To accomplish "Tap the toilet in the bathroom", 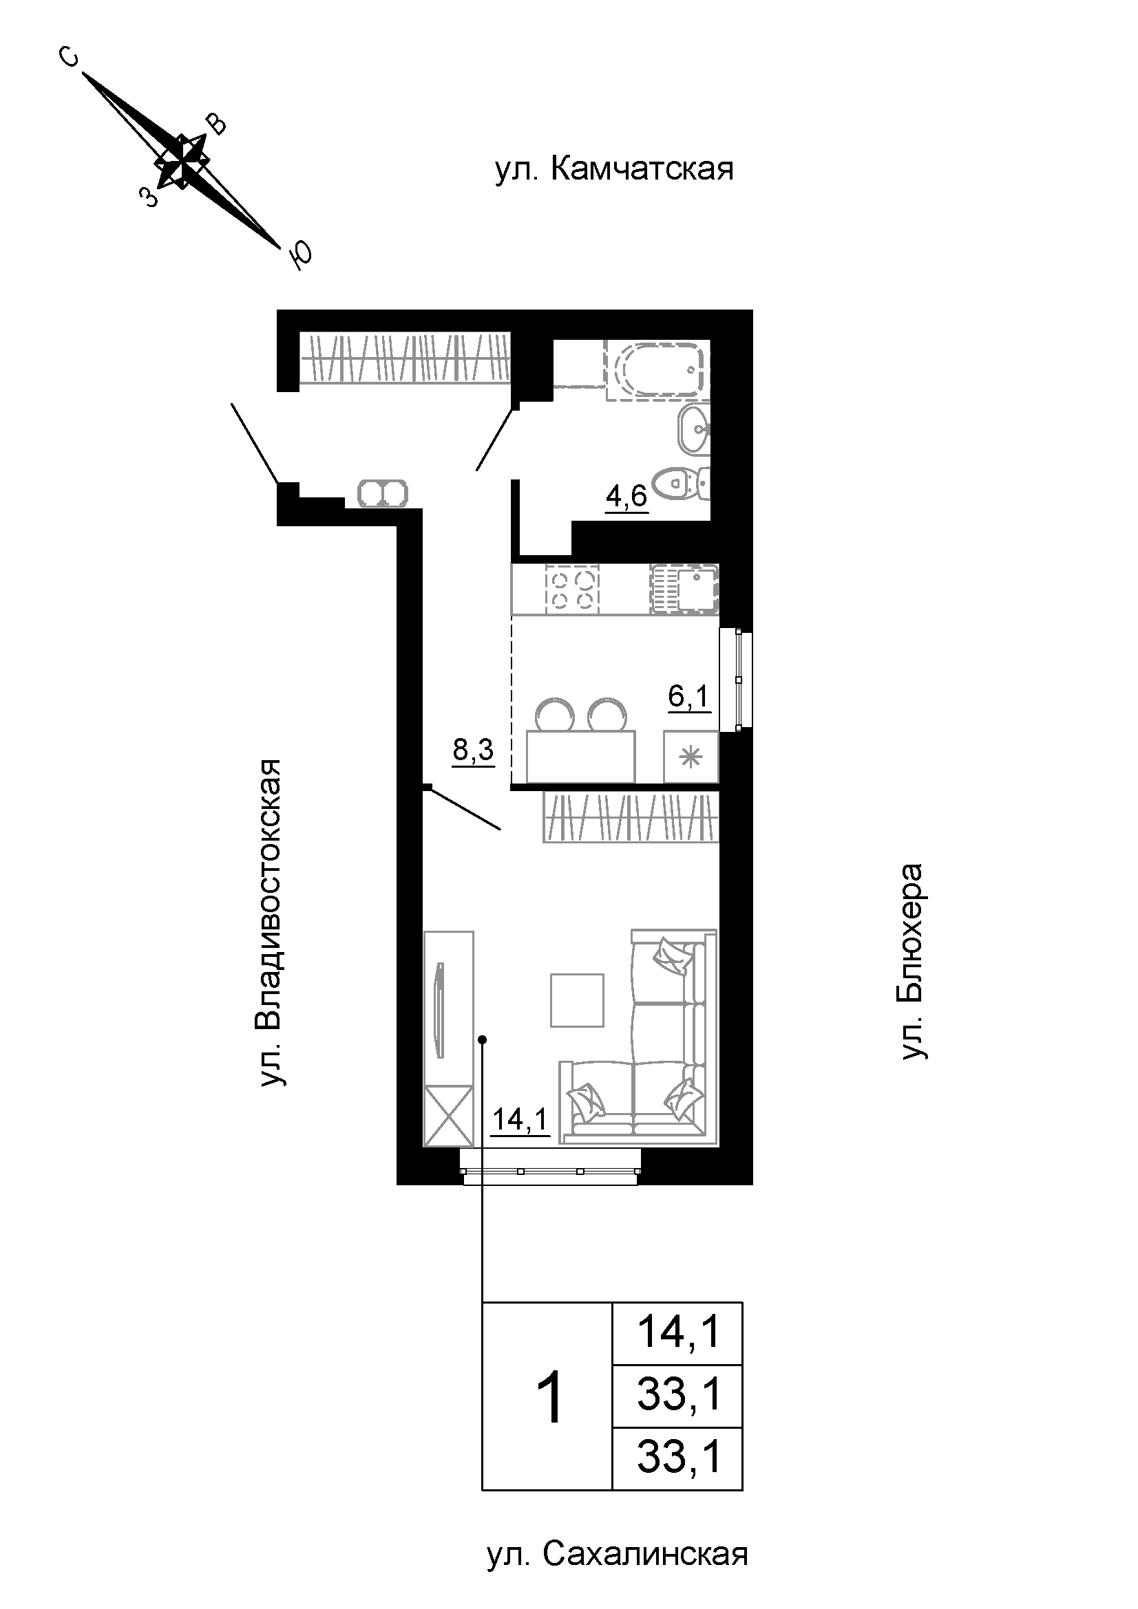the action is pos(681,483).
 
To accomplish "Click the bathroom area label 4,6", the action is pos(627,497).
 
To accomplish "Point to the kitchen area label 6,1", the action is pos(689,698).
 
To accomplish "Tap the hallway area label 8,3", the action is pos(473,751).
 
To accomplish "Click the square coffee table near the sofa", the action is pos(577,1000).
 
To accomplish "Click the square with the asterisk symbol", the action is pos(691,757).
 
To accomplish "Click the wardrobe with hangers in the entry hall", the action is pos(405,358).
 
